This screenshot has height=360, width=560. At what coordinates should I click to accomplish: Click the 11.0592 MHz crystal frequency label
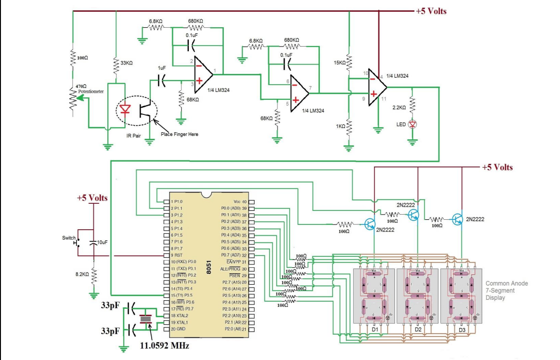164,345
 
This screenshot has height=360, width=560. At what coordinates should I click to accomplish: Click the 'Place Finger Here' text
179,134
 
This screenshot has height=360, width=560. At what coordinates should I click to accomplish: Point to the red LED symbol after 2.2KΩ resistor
413,124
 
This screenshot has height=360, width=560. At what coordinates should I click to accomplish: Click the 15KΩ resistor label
339,63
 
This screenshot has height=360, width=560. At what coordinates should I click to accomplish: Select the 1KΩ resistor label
340,126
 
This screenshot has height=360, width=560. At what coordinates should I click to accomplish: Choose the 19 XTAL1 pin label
179,322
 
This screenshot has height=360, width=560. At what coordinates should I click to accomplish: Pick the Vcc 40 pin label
240,201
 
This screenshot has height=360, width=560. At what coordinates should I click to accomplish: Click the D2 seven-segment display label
418,329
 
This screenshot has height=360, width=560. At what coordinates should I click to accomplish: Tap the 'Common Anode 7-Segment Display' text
506,290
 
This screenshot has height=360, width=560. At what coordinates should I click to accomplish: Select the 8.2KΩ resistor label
82,274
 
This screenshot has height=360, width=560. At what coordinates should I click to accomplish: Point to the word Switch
68,238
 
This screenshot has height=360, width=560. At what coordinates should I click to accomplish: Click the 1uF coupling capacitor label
162,68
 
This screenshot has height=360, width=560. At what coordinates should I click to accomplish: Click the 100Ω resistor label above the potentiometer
82,57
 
